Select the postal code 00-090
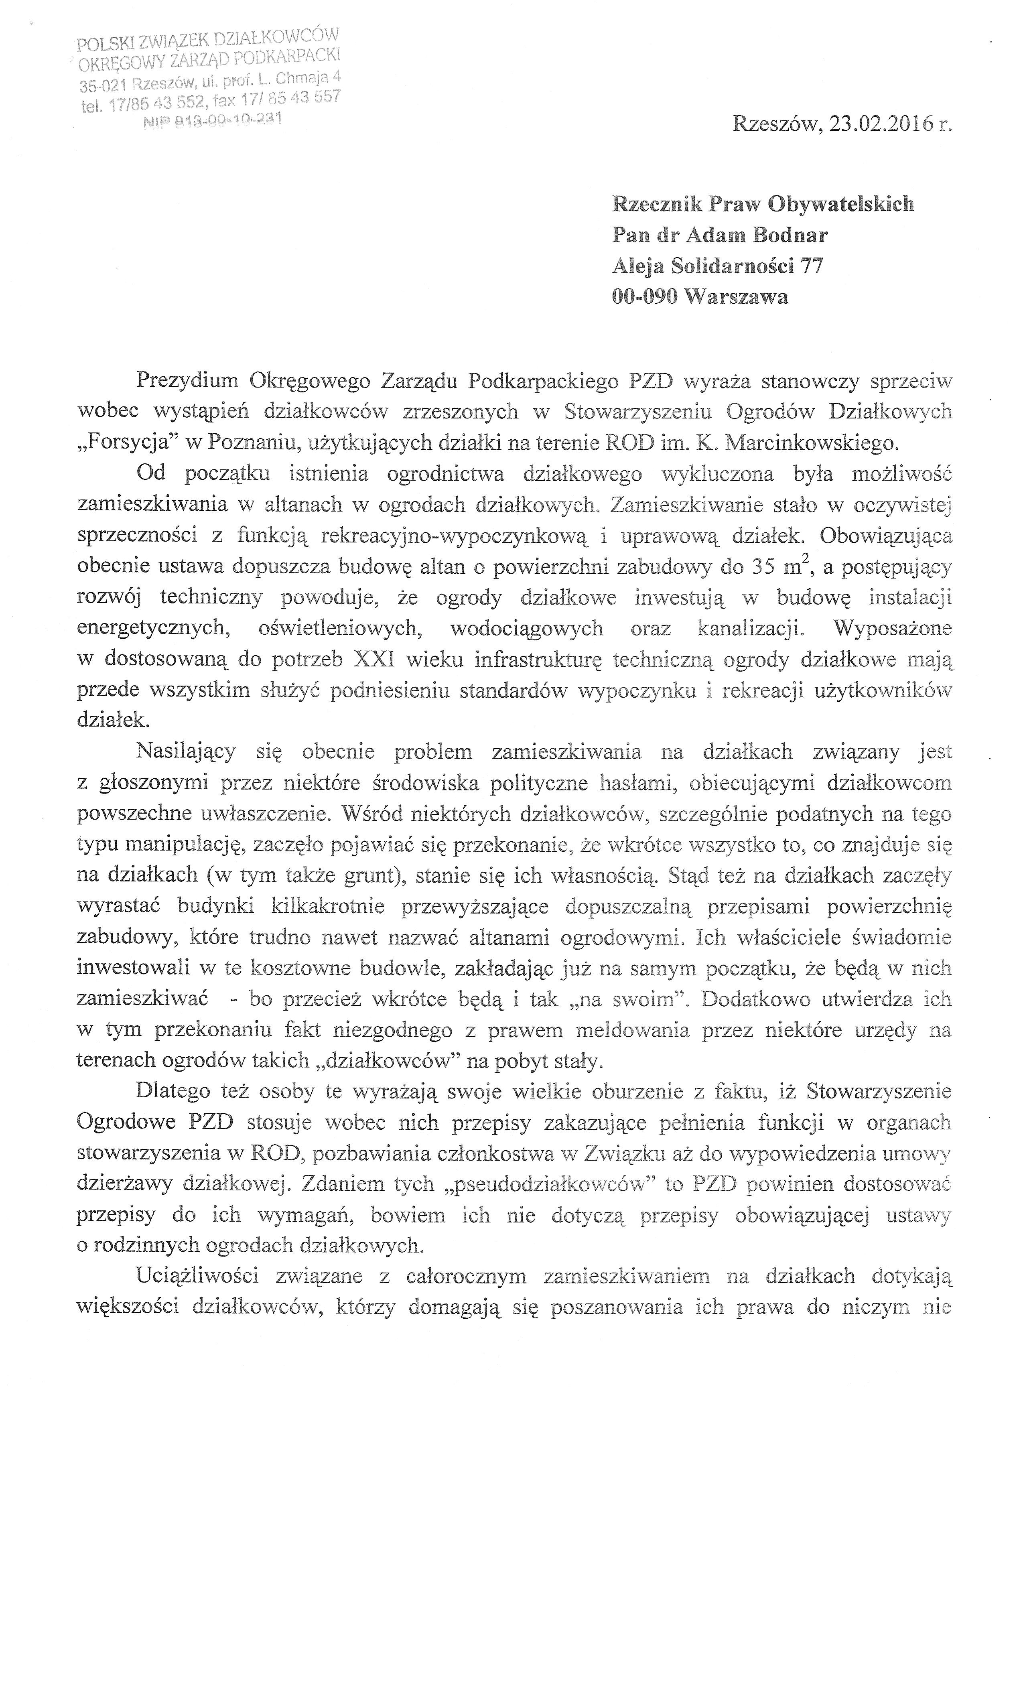644,297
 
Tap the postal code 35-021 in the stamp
103,85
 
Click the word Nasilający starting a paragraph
185,751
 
